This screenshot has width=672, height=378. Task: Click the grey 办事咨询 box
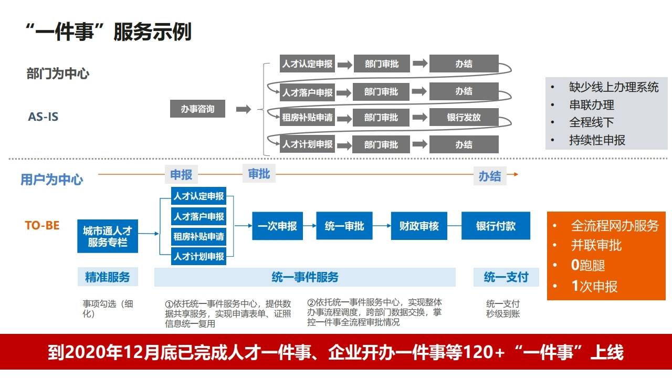(197, 109)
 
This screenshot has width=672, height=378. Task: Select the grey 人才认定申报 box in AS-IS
(307, 64)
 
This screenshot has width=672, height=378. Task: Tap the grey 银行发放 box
(464, 118)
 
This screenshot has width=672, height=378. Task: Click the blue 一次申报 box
(277, 226)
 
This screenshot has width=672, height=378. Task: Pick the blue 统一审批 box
(344, 226)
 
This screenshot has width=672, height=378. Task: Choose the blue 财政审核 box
(418, 226)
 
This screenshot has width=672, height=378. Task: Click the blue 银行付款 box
(496, 226)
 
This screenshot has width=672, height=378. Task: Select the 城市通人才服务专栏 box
(108, 236)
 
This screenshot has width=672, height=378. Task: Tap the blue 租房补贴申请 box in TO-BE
(198, 236)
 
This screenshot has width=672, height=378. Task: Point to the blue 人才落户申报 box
(198, 216)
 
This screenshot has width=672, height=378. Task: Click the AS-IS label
(43, 117)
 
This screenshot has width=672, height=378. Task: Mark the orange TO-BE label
(42, 226)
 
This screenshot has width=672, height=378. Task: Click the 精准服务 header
(108, 277)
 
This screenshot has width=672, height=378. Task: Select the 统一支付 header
(506, 277)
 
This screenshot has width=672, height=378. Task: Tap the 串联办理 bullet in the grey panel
(591, 105)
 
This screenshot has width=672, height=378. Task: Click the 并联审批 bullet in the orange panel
(596, 245)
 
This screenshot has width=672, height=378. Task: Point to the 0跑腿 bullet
(588, 266)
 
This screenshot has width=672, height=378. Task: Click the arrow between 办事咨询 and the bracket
(243, 109)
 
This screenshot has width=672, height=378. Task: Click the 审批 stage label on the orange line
(259, 174)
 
